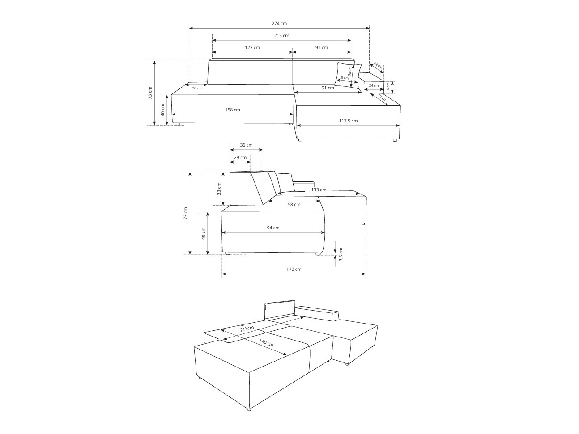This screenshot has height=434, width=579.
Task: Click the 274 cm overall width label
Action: pos(279,24)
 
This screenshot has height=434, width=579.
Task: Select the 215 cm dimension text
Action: pos(281,36)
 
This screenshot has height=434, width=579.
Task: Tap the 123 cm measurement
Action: pos(252,48)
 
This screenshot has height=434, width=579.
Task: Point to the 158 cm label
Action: pos(232,110)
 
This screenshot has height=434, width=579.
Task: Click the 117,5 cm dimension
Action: pos(348,121)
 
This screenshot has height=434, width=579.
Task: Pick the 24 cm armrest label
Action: pos(374,85)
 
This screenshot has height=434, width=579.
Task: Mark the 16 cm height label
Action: pos(388,87)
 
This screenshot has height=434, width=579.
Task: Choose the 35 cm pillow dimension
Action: pos(343,78)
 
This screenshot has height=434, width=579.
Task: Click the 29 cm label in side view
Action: pos(240,158)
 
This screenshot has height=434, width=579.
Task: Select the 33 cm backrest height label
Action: pos(219,189)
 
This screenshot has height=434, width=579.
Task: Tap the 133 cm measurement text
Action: pos(319,190)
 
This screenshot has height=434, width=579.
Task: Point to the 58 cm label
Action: pos(294,205)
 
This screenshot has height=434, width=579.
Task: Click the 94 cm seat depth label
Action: pos(273,228)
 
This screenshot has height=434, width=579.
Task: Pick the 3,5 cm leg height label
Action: pos(341,254)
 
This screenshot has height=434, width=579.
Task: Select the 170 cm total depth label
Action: pos(294,270)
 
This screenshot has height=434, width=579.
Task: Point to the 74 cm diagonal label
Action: pos(382,98)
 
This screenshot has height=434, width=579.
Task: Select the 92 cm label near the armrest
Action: pos(378,66)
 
